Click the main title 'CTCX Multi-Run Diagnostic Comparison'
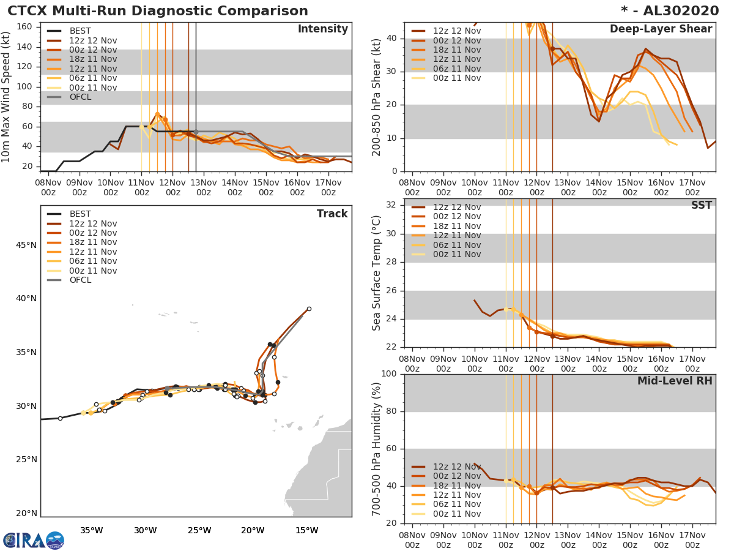(158, 11)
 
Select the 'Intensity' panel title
(322, 29)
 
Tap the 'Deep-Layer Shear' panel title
(661, 29)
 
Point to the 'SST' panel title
(701, 205)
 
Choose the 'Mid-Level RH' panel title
(675, 381)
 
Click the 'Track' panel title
(332, 214)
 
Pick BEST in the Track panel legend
(80, 214)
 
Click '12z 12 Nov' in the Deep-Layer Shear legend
(457, 31)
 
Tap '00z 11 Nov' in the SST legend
(457, 254)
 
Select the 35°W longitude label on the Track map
(91, 530)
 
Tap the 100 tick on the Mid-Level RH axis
(392, 374)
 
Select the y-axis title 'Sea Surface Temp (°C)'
(377, 273)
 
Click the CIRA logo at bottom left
(34, 540)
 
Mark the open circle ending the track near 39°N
(309, 309)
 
